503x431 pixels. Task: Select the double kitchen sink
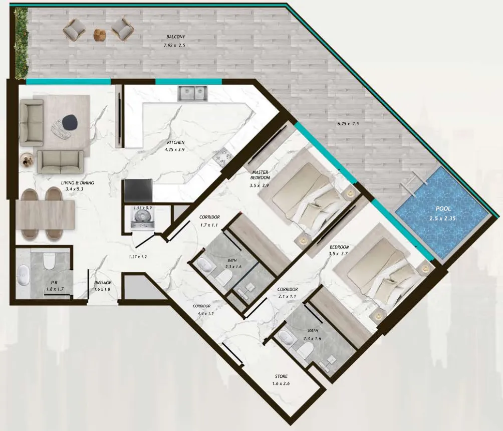[192, 93]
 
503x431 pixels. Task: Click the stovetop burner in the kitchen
[220, 157]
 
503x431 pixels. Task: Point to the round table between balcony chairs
[100, 34]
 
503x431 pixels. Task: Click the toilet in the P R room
[50, 261]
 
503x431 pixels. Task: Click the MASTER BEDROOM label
[260, 175]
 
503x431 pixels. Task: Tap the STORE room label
[281, 376]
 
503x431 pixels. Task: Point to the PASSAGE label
[103, 283]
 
